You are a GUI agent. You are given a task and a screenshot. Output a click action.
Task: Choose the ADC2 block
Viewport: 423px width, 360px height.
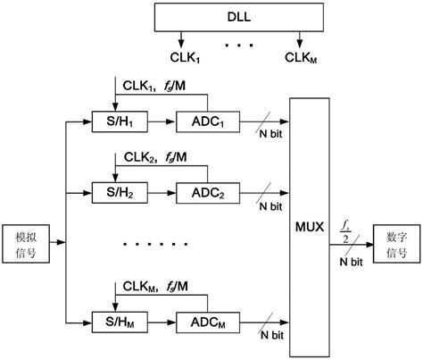[208, 191]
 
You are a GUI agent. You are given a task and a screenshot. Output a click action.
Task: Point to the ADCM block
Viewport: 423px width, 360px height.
[208, 321]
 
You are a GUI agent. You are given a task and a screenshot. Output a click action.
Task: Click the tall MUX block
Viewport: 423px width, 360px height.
[312, 224]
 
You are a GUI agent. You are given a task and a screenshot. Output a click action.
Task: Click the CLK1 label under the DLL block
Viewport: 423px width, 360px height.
[182, 57]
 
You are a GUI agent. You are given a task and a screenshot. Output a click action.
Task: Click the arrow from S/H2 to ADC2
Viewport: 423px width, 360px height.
[162, 191]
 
